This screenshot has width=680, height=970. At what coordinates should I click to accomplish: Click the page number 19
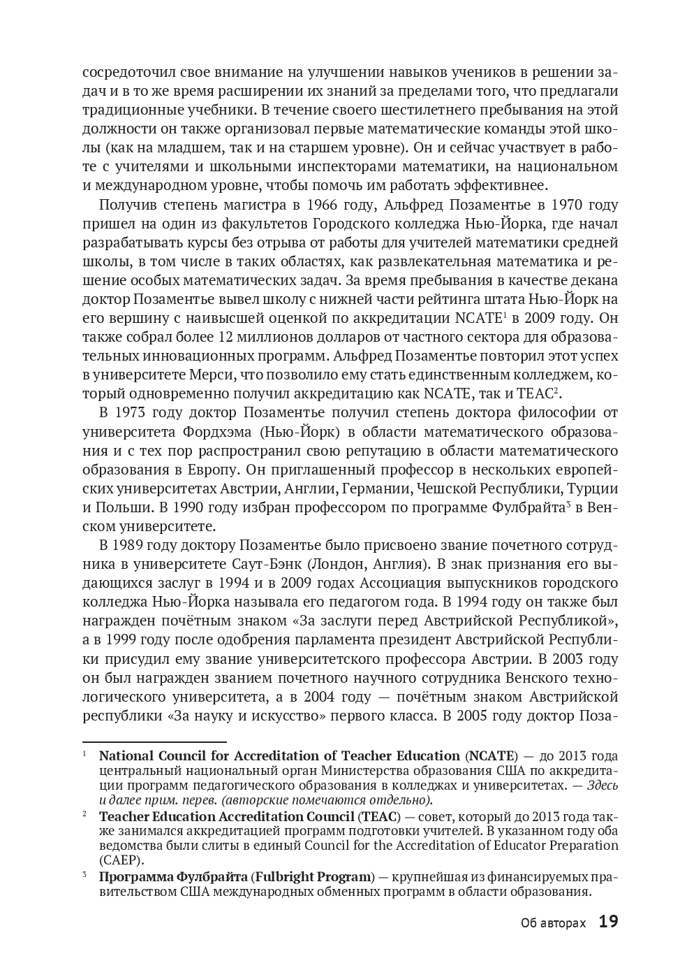(x=608, y=922)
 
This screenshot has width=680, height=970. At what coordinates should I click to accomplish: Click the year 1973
(x=133, y=412)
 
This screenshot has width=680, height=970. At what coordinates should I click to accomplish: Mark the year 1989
(x=133, y=544)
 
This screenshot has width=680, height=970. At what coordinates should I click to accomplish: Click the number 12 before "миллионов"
(x=226, y=337)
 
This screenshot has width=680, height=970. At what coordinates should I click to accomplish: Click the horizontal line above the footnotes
(x=154, y=741)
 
